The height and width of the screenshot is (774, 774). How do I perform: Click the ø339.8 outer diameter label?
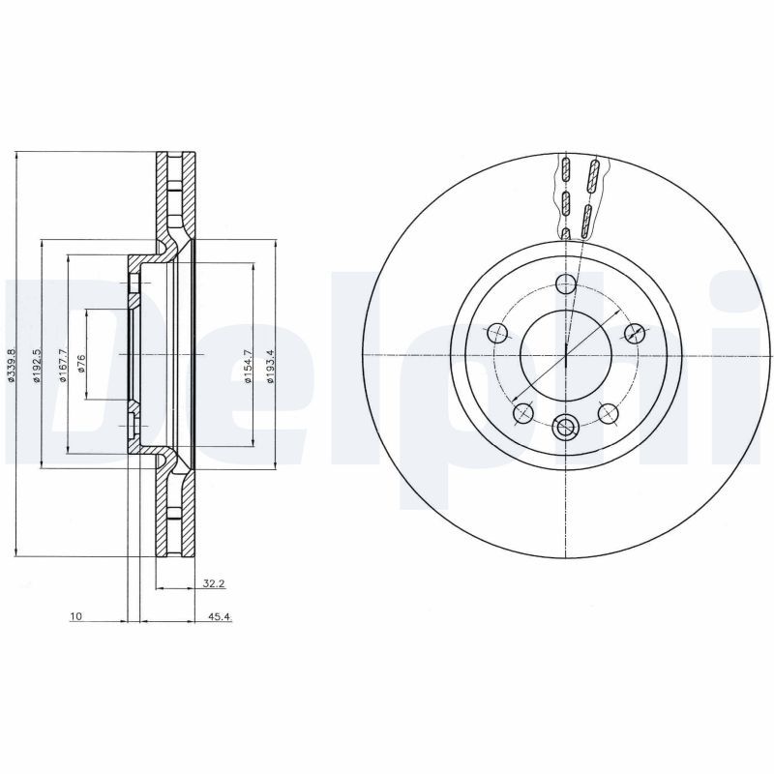(12, 366)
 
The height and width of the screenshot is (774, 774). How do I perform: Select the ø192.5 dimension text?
(36, 366)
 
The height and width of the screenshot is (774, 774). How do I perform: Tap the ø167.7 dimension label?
(62, 366)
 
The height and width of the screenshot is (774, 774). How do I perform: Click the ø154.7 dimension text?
(248, 367)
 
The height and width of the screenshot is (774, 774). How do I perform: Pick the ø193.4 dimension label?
(270, 367)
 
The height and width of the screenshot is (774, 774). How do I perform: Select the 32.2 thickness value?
(214, 583)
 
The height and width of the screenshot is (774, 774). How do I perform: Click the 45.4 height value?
(221, 616)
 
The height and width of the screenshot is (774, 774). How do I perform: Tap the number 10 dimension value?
(75, 616)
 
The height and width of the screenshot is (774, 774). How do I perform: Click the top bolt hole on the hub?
(566, 283)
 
